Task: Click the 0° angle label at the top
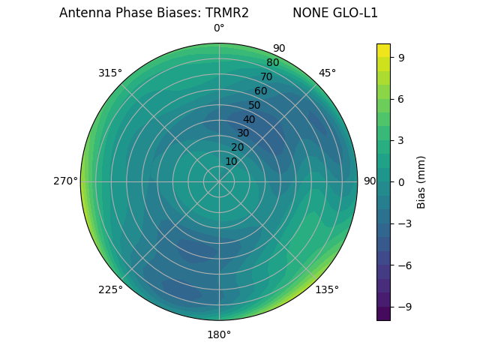pos(219,28)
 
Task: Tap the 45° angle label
pos(327,73)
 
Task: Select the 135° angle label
pos(327,289)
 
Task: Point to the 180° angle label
pos(219,334)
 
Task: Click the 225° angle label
pos(110,289)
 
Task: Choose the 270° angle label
pos(65,181)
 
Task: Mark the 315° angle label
pos(110,73)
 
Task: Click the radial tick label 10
pos(231,161)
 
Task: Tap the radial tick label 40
pos(249,119)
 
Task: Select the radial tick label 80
pos(272,63)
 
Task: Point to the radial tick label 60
pos(260,91)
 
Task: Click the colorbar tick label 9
pos(401,57)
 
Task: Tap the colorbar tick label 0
pos(401,182)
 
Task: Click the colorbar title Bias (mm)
pos(421,182)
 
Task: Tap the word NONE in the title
pos(309,13)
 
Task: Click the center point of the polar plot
pos(219,181)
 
